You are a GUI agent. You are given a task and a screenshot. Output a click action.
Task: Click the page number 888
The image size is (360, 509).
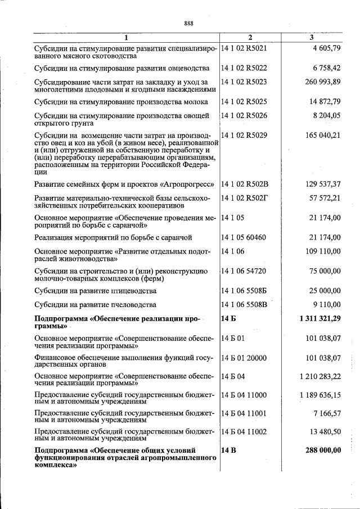188,23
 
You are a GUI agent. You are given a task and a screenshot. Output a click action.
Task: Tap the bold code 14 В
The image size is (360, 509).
228,451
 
